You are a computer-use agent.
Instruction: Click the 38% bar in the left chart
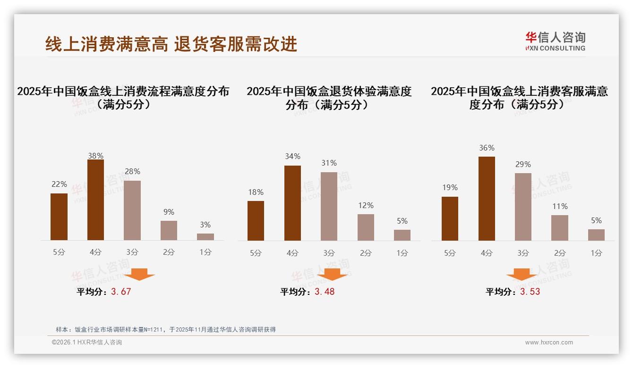click(x=95, y=200)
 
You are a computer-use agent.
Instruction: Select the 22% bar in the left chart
click(x=59, y=217)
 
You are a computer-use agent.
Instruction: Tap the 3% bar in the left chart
click(x=205, y=237)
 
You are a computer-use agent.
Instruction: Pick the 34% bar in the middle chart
click(x=292, y=203)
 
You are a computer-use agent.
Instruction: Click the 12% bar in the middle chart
click(x=366, y=227)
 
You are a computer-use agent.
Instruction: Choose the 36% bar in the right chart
click(x=487, y=199)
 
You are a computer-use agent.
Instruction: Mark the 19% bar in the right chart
click(x=450, y=218)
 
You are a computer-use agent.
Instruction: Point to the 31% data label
click(x=329, y=163)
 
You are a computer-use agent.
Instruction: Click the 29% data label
click(x=523, y=164)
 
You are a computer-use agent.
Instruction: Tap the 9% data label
click(x=169, y=212)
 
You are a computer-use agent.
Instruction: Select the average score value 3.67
click(x=121, y=292)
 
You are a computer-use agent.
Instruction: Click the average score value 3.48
click(x=325, y=292)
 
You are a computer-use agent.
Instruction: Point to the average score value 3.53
click(x=530, y=292)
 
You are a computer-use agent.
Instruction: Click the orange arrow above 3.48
click(x=332, y=274)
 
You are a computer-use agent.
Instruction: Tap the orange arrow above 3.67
click(x=139, y=274)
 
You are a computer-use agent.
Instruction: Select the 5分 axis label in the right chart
click(x=450, y=253)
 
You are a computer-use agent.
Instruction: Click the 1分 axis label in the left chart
click(x=205, y=252)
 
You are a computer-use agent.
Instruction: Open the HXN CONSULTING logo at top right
click(x=555, y=42)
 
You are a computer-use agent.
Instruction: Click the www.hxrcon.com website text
click(x=549, y=343)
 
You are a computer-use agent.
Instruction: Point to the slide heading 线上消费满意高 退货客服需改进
click(x=171, y=44)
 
